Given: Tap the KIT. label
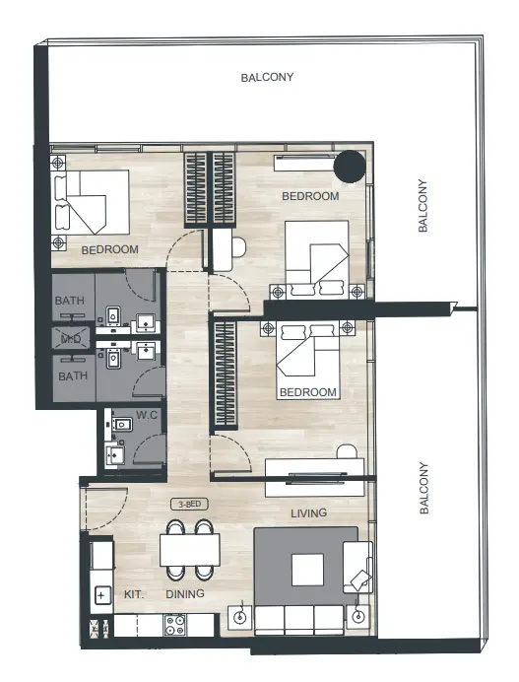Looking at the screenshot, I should pyautogui.click(x=135, y=594).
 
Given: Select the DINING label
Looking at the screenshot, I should pyautogui.click(x=185, y=594).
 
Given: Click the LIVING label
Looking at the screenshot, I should pyautogui.click(x=308, y=513).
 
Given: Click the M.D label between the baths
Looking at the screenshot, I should pyautogui.click(x=71, y=338).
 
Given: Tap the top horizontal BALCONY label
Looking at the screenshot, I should pyautogui.click(x=267, y=77).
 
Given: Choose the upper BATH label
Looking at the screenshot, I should pyautogui.click(x=71, y=301).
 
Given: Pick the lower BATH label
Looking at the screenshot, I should pyautogui.click(x=71, y=375).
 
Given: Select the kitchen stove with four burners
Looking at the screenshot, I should pyautogui.click(x=176, y=624).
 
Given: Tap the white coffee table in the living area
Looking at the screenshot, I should pyautogui.click(x=306, y=570).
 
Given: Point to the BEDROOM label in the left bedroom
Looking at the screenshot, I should pyautogui.click(x=109, y=249).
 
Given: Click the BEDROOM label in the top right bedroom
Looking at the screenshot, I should pyautogui.click(x=310, y=196).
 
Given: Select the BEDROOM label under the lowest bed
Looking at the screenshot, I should pyautogui.click(x=308, y=392).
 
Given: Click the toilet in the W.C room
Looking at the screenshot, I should pyautogui.click(x=122, y=424).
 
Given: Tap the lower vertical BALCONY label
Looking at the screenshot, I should pyautogui.click(x=423, y=489).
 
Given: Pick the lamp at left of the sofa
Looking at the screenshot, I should pyautogui.click(x=239, y=618).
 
